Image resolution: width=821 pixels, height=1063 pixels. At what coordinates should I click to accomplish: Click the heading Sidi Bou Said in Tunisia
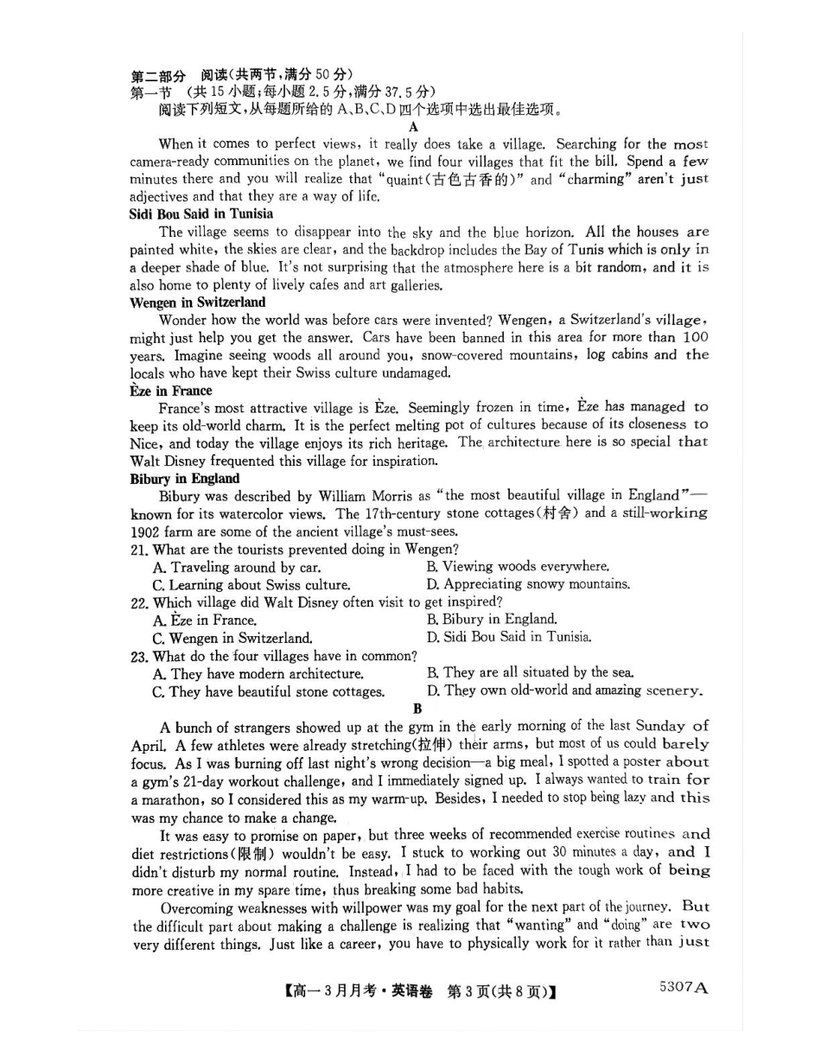pyautogui.click(x=201, y=213)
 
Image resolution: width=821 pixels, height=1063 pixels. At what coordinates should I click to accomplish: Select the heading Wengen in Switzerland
pyautogui.click(x=197, y=302)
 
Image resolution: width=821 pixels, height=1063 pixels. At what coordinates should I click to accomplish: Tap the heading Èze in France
pyautogui.click(x=170, y=390)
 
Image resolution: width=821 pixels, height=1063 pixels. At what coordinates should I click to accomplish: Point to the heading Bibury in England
pyautogui.click(x=184, y=478)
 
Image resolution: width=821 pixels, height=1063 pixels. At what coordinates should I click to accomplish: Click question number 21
pyautogui.click(x=139, y=549)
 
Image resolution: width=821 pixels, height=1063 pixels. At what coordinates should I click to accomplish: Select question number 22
pyautogui.click(x=139, y=602)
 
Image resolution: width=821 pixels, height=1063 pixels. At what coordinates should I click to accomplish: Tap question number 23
pyautogui.click(x=139, y=656)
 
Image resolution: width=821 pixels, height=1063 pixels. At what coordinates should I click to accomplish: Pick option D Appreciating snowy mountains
pyautogui.click(x=528, y=584)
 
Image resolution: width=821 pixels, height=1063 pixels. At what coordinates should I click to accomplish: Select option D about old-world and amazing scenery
pyautogui.click(x=564, y=691)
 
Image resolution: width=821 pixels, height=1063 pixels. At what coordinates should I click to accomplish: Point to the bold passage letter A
pyautogui.click(x=413, y=126)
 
